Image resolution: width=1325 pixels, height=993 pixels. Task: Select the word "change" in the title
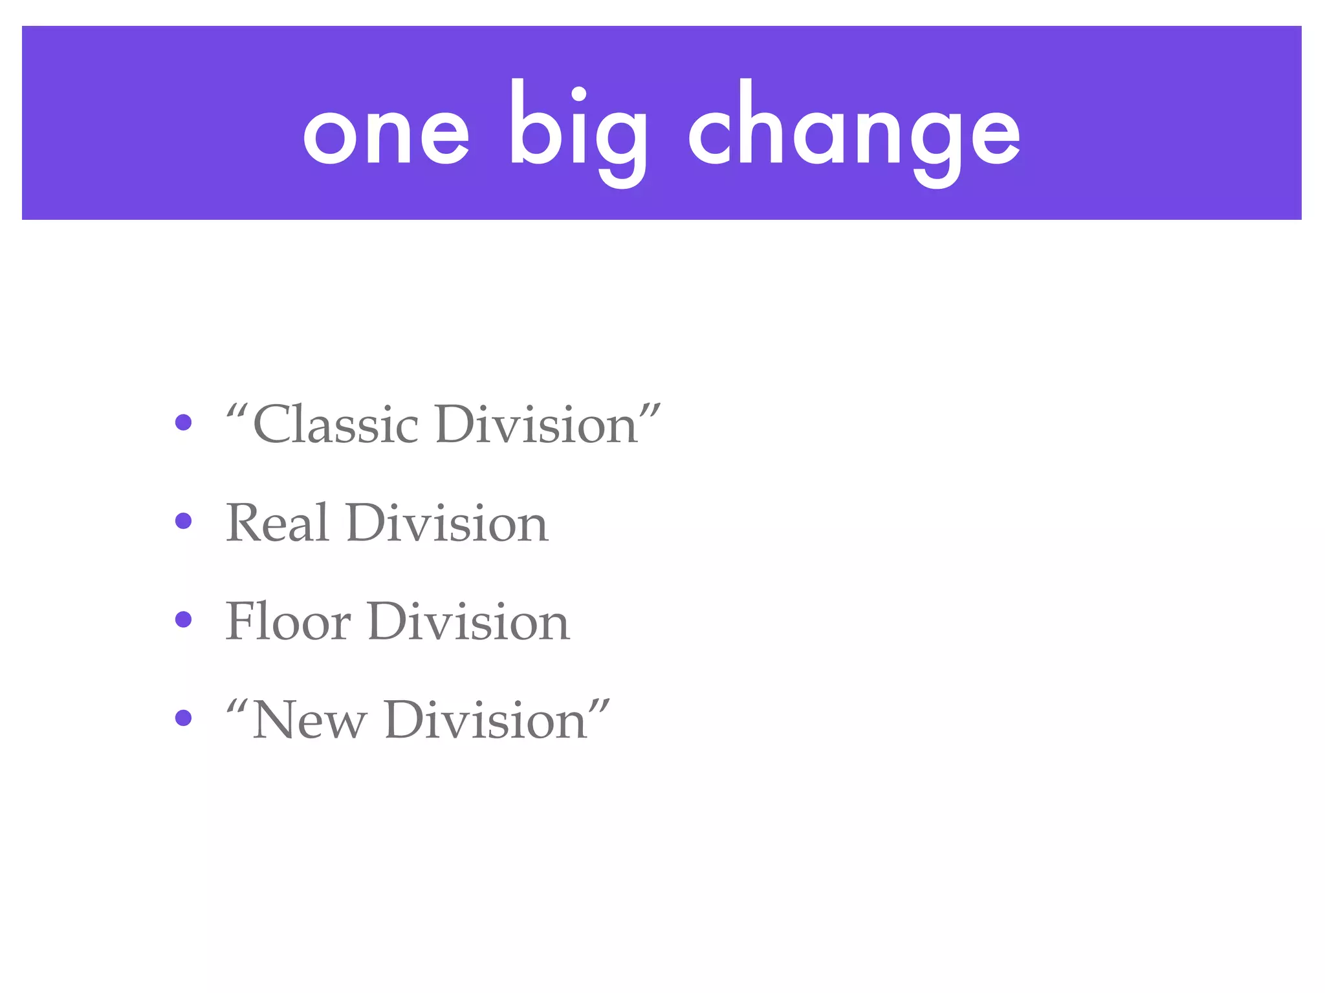[x=854, y=133]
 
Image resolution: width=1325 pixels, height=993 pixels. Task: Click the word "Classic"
[x=336, y=425]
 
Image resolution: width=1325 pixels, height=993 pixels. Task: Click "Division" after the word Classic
[x=537, y=425]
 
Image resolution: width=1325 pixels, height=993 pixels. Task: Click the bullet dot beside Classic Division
[x=184, y=422]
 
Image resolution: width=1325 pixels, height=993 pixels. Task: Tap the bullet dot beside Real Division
[x=184, y=521]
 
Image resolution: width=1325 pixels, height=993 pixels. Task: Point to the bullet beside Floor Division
[x=184, y=619]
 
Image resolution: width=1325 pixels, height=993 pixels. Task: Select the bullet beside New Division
[x=184, y=718]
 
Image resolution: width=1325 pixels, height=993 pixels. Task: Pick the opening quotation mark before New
[x=237, y=705]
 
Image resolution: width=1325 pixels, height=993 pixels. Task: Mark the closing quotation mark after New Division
[x=600, y=705]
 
